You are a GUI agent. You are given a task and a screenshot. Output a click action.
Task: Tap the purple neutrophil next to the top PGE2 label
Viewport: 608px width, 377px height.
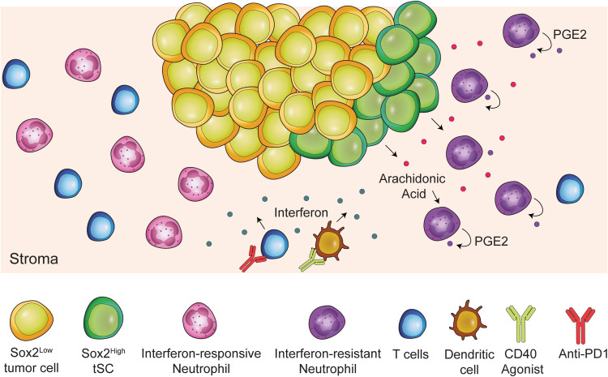click(521, 36)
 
